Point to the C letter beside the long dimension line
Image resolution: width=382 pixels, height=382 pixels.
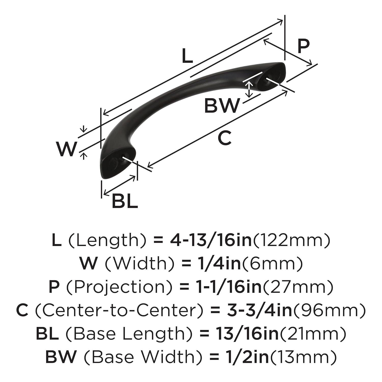point(225,138)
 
